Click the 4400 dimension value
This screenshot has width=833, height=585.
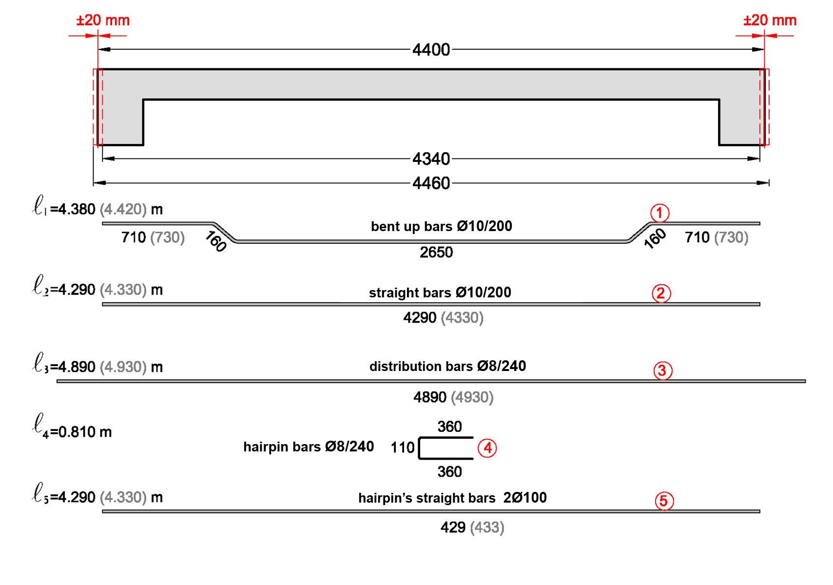[x=431, y=50]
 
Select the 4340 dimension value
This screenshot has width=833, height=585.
[x=431, y=159]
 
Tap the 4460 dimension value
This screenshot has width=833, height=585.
[x=431, y=183]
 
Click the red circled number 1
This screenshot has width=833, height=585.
[x=659, y=213]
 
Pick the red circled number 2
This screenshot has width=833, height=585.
[x=661, y=293]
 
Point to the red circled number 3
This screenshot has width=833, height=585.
[x=662, y=371]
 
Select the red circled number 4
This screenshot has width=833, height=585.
[x=487, y=448]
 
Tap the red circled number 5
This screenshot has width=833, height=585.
[x=664, y=501]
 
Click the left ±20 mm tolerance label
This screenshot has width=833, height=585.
[x=103, y=20]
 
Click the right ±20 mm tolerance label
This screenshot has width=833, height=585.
[x=770, y=20]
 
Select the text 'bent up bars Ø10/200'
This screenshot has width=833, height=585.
[x=441, y=226]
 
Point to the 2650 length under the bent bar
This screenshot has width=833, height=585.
[x=436, y=253]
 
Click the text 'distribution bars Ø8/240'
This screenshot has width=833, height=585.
[x=447, y=366]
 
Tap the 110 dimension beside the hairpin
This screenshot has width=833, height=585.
[x=403, y=448]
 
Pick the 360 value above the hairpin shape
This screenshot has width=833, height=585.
[x=449, y=427]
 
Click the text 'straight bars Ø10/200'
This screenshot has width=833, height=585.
[x=440, y=292]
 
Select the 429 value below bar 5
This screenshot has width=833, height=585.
[x=453, y=527]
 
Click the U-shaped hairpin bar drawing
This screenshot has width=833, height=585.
[x=445, y=448]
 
